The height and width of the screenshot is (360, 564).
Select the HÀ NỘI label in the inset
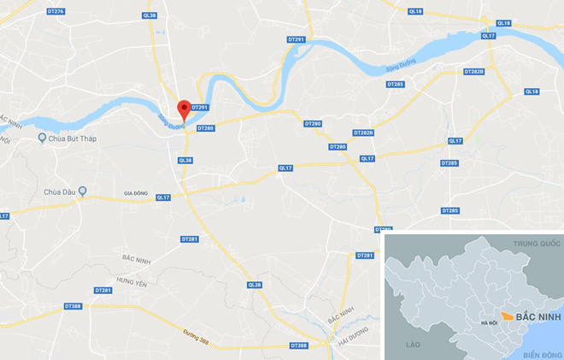click(489, 322)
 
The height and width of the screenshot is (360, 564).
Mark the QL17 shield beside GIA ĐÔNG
click(162, 198)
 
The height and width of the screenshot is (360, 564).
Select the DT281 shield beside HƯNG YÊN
click(103, 291)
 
